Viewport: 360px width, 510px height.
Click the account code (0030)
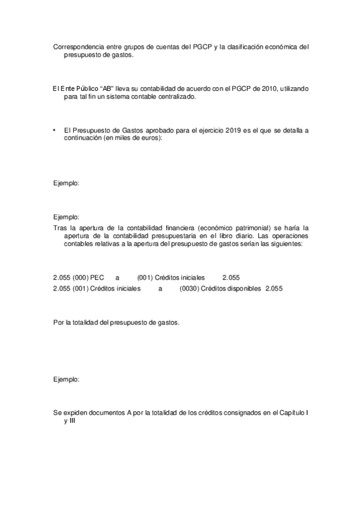click(190, 289)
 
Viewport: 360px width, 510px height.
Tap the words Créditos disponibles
click(231, 289)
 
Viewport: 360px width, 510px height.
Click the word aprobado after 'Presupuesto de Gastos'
click(174, 130)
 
